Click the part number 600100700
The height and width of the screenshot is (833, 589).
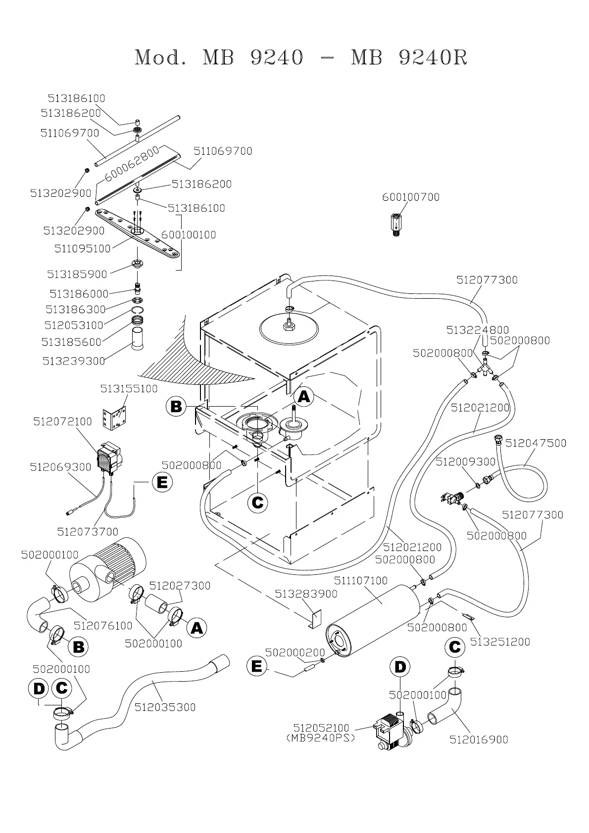click(x=411, y=197)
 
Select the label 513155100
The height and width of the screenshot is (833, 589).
click(x=129, y=389)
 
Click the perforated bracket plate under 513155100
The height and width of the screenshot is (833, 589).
click(x=114, y=417)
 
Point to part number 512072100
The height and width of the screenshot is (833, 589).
click(x=62, y=421)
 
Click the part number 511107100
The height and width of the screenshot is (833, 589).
click(x=361, y=580)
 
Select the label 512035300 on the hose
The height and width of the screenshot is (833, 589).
click(x=165, y=707)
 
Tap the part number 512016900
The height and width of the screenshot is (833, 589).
click(x=479, y=740)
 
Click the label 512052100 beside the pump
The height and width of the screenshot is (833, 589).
click(x=321, y=728)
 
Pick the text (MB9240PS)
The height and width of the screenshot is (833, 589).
click(x=321, y=738)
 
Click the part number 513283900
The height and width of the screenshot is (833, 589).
click(x=306, y=594)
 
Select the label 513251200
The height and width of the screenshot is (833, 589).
click(x=500, y=642)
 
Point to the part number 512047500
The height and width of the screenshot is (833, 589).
click(x=536, y=443)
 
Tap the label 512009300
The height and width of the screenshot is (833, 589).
click(x=465, y=462)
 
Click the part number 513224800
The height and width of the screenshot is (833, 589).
click(x=478, y=330)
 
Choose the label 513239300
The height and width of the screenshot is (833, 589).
click(x=74, y=361)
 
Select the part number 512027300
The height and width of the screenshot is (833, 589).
click(x=180, y=586)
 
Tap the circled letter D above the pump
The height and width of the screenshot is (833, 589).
click(x=400, y=667)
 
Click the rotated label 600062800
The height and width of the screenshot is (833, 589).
click(x=132, y=163)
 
